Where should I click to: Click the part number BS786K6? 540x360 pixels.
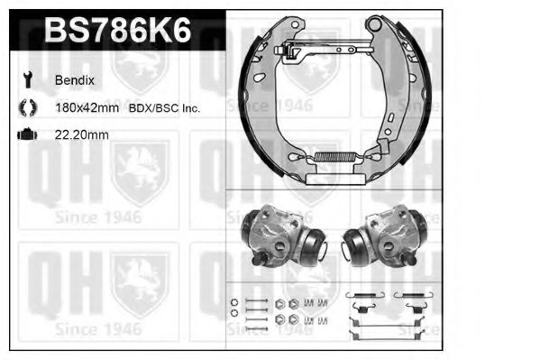click(117, 30)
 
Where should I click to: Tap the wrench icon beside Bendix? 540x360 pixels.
click(28, 79)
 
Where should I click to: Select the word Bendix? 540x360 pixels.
click(75, 80)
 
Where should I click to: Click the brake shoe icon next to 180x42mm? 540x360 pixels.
click(28, 107)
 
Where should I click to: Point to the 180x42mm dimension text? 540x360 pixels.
click(87, 108)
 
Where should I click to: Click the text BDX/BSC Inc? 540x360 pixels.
click(164, 108)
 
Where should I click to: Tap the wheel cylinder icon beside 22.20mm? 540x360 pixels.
click(27, 134)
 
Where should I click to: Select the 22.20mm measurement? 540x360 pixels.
click(82, 134)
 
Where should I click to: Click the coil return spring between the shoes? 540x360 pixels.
click(336, 157)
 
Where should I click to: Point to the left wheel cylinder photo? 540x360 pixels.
click(284, 236)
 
